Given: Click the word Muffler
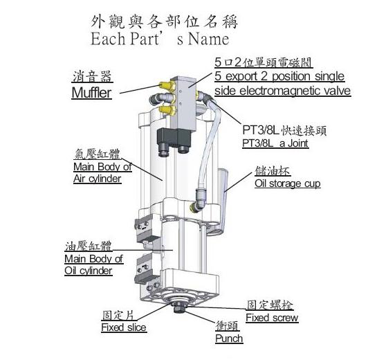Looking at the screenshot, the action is point(91,93).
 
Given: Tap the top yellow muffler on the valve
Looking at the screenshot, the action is point(167,85).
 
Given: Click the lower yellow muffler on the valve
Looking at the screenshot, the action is point(167,110).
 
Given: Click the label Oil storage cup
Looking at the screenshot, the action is point(288,183).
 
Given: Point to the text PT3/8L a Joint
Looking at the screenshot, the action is point(275,143).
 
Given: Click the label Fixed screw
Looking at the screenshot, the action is point(272,318).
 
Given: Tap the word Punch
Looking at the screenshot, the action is point(229,339).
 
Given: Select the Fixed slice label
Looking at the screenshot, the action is point(124,327).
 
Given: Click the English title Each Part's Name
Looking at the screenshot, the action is point(160,39).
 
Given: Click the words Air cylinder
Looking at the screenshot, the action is point(98,179).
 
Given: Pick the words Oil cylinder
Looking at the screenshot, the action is point(89,271).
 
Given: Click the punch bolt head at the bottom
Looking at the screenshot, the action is point(179,308).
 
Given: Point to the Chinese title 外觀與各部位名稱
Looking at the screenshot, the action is point(165,21).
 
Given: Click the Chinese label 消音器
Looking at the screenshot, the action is point(92,77).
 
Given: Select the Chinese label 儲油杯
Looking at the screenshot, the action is point(273,171).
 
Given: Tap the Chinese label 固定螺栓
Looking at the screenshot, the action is point(270,305).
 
